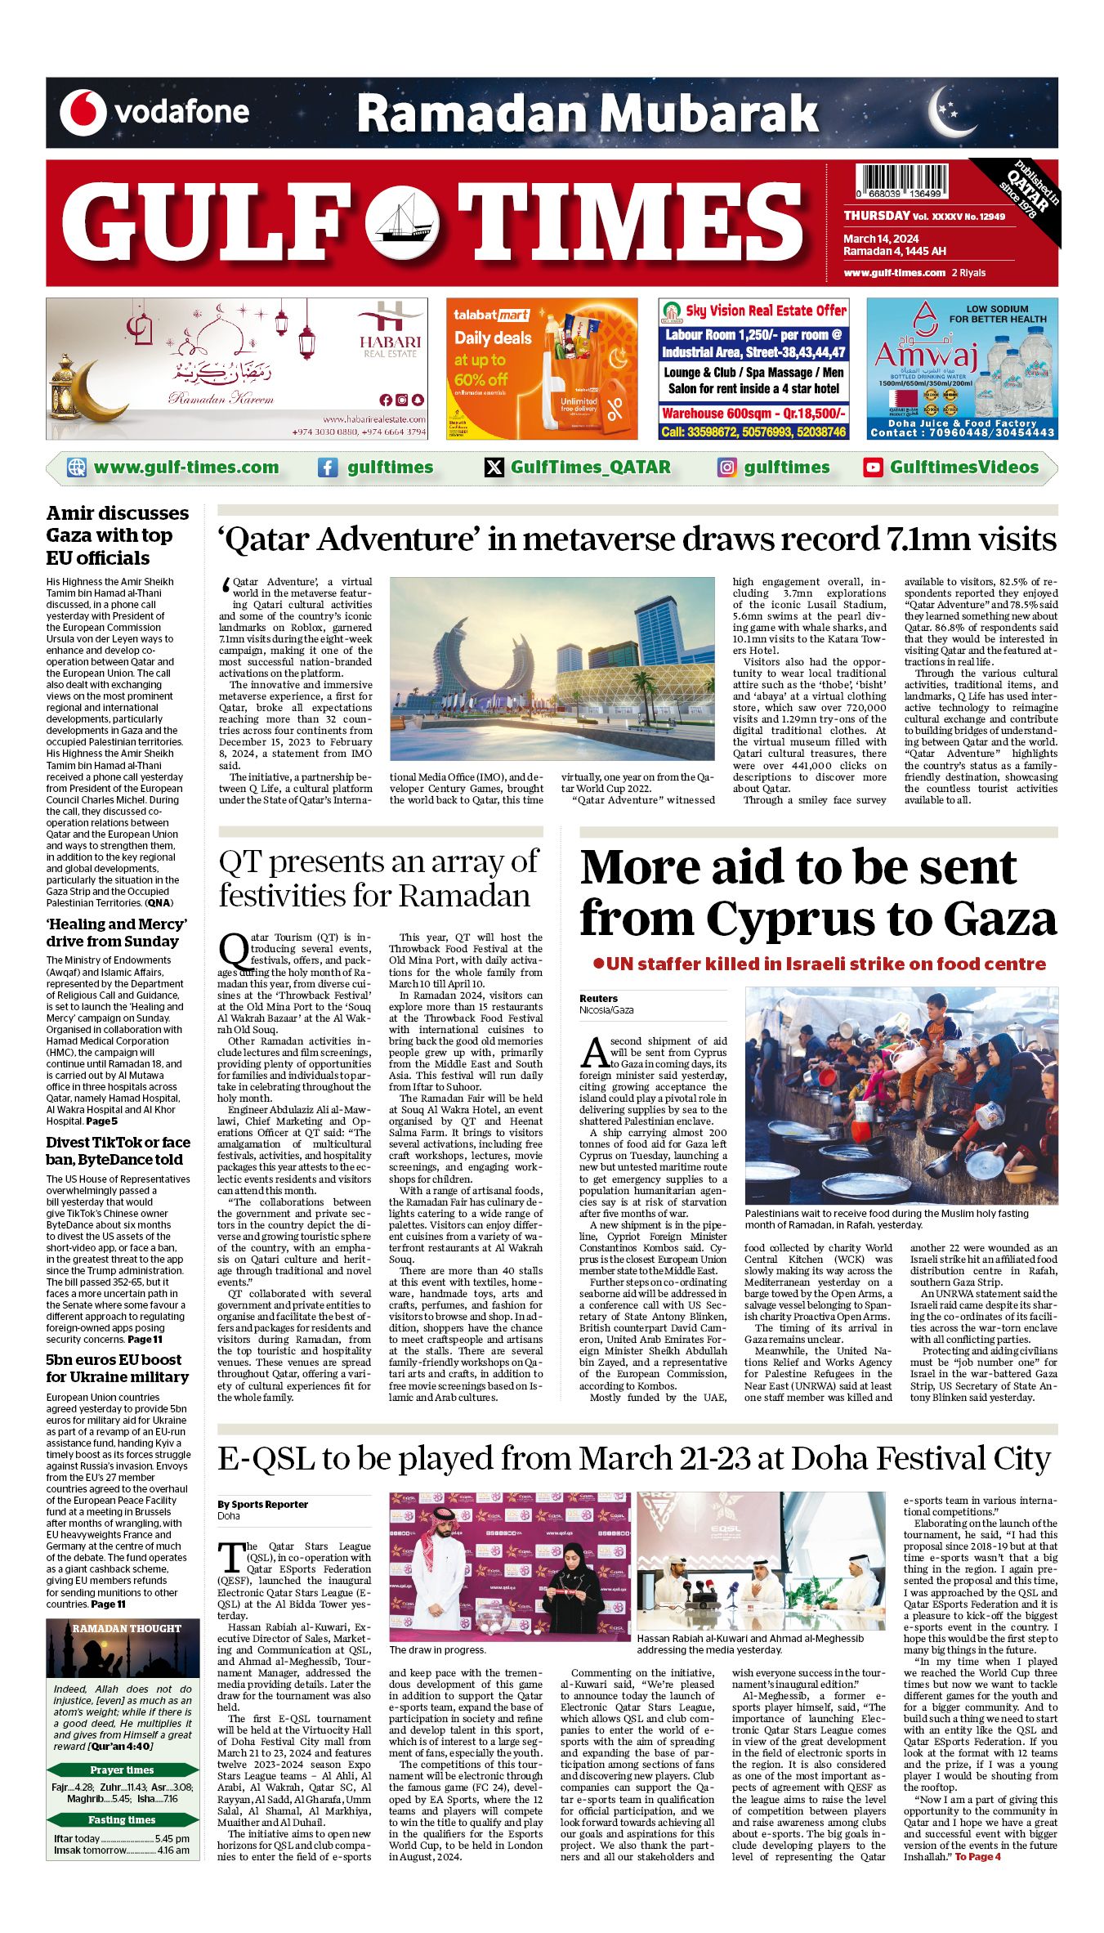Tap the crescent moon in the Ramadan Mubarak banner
tap(950, 113)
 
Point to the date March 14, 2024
tap(881, 239)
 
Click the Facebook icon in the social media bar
tap(328, 468)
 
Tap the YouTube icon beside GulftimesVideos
tap(873, 468)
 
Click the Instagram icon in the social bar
tap(726, 468)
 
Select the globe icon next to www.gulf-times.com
tap(77, 468)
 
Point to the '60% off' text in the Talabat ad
tap(480, 379)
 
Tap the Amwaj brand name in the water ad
tap(926, 356)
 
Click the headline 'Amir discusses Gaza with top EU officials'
tap(118, 535)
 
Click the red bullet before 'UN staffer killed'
tap(598, 964)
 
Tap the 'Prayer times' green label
tap(122, 1770)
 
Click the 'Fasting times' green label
tap(122, 1819)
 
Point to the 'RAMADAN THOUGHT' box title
tap(127, 1628)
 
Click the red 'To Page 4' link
tap(977, 1857)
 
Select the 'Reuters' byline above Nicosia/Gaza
tap(598, 998)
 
